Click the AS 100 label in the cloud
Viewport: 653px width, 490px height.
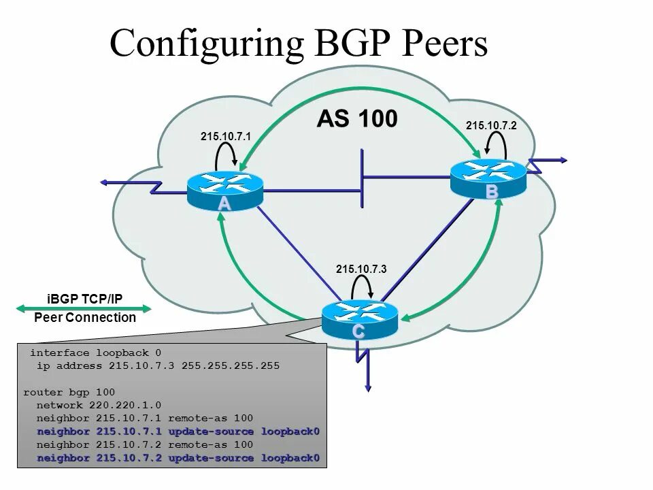[x=356, y=119]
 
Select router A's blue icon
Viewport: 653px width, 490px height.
[x=225, y=188]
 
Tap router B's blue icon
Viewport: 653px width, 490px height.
[x=488, y=176]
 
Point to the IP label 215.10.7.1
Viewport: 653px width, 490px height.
[x=226, y=137]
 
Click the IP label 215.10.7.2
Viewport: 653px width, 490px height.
[x=491, y=125]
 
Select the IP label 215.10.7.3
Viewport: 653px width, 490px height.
[x=361, y=269]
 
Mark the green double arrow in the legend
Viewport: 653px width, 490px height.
[x=83, y=308]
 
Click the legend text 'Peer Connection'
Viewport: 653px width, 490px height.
[x=85, y=318]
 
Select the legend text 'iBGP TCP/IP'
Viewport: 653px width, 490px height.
[x=85, y=298]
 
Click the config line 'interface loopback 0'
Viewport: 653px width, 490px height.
[x=96, y=353]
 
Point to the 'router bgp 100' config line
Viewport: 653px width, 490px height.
[x=69, y=392]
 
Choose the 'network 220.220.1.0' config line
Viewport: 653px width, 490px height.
[x=99, y=405]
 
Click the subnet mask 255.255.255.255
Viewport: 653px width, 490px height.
[x=231, y=365]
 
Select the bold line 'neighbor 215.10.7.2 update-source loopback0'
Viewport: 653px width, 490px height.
[x=178, y=457]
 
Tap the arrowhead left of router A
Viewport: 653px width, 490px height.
[x=104, y=182]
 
